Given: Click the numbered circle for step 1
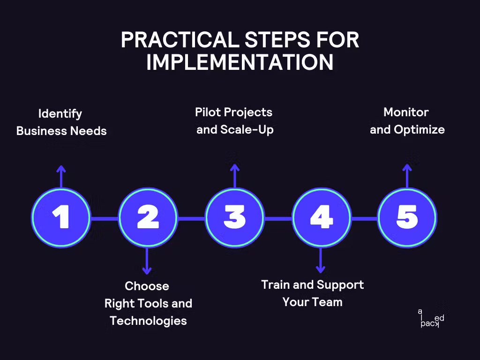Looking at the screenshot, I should (60, 217).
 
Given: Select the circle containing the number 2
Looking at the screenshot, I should (148, 217).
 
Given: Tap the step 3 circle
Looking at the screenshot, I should (234, 217).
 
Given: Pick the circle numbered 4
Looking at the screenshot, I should (321, 217).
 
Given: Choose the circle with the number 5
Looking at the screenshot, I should (407, 217).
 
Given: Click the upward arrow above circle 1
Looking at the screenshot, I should (60, 176).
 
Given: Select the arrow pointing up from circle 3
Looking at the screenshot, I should (234, 176).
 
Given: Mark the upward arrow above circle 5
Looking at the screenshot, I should (407, 175).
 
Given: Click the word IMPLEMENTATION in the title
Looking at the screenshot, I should (240, 63).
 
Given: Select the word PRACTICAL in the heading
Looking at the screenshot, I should (178, 41).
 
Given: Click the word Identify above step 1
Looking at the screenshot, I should (60, 114).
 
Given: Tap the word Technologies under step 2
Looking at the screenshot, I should (148, 321).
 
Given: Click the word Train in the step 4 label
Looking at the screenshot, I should (275, 285).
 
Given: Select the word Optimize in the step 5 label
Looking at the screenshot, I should (419, 129).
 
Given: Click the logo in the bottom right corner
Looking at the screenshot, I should (431, 318).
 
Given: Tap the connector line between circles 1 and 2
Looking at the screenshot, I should (104, 218).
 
